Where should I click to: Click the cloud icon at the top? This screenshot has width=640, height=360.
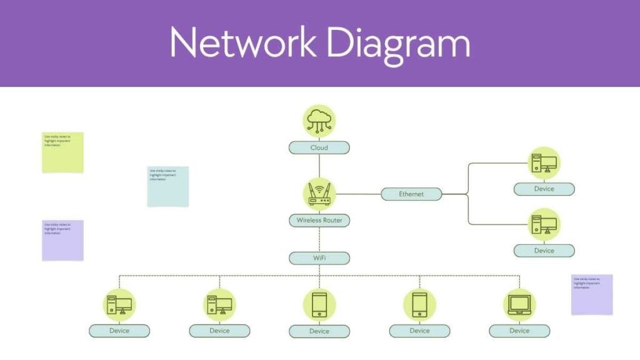pos(319,121)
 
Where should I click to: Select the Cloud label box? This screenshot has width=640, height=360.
pos(319,148)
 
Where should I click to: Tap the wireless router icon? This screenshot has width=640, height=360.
pos(319,194)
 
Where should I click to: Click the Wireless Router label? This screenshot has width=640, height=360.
pos(319,221)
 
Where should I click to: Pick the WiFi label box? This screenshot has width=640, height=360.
pos(319,258)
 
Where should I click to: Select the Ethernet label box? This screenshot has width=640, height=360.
pos(411,194)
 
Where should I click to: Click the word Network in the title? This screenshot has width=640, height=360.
pos(242,43)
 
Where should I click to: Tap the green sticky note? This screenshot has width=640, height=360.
pos(62,152)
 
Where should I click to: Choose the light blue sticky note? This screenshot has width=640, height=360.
pos(167,186)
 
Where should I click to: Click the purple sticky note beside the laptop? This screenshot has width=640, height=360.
pos(592,294)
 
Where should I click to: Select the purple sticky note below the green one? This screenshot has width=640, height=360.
pos(62,240)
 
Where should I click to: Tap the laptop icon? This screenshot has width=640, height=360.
pos(519,304)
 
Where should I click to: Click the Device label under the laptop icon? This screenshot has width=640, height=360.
pos(519,331)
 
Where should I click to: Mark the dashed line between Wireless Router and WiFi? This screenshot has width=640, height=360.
pos(319,239)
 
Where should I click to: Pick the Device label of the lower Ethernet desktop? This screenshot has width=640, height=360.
pos(544,251)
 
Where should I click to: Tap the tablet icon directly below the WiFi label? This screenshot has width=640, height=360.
pos(319,304)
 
